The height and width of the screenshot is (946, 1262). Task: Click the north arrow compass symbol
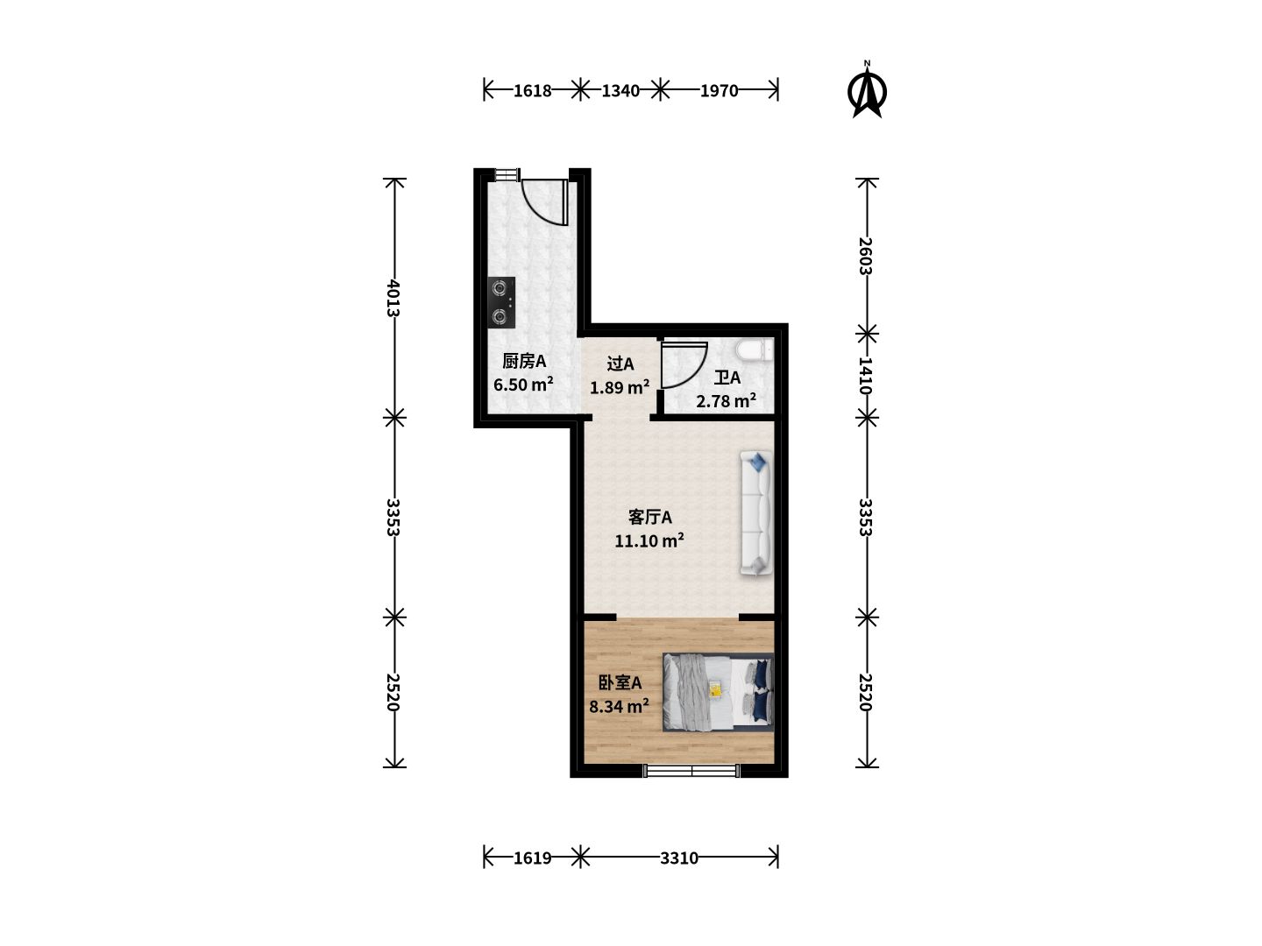click(x=867, y=92)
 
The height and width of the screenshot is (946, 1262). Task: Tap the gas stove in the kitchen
click(x=501, y=303)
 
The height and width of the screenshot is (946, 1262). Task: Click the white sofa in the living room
click(x=755, y=512)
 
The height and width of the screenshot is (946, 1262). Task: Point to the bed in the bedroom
click(x=718, y=692)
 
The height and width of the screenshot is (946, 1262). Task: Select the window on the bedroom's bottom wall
click(x=691, y=771)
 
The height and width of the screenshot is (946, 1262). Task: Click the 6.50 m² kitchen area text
click(x=523, y=384)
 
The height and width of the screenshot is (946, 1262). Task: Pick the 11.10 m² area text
click(x=649, y=540)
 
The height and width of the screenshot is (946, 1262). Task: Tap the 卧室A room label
click(x=620, y=683)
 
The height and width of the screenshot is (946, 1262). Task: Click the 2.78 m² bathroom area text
click(x=727, y=400)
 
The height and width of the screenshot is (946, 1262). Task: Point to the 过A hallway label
click(x=620, y=364)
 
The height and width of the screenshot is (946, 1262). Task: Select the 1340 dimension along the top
click(x=620, y=91)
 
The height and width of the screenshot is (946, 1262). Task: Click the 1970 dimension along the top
click(x=719, y=91)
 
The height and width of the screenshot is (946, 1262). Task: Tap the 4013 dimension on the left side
click(x=393, y=298)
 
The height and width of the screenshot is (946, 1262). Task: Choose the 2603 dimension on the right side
click(x=865, y=256)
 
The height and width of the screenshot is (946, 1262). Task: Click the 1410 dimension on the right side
click(x=865, y=376)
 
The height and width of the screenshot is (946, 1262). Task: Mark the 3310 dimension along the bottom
click(x=679, y=858)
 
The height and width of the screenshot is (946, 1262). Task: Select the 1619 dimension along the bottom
click(x=532, y=858)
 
